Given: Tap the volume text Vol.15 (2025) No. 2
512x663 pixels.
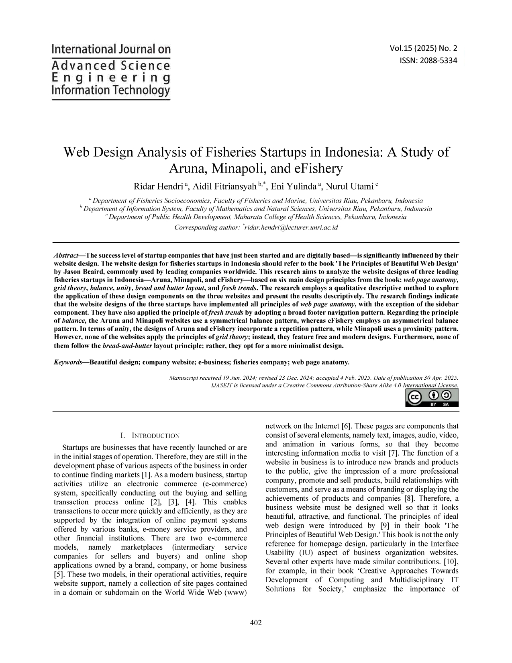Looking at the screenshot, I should [423, 49].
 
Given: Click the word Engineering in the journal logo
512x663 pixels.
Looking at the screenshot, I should [111, 78].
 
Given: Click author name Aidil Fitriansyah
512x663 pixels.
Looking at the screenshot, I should [225, 186].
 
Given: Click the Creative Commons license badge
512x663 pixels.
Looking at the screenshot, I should [432, 398].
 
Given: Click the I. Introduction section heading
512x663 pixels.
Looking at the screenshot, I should [150, 436].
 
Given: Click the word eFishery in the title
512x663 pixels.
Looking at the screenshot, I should [318, 168].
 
